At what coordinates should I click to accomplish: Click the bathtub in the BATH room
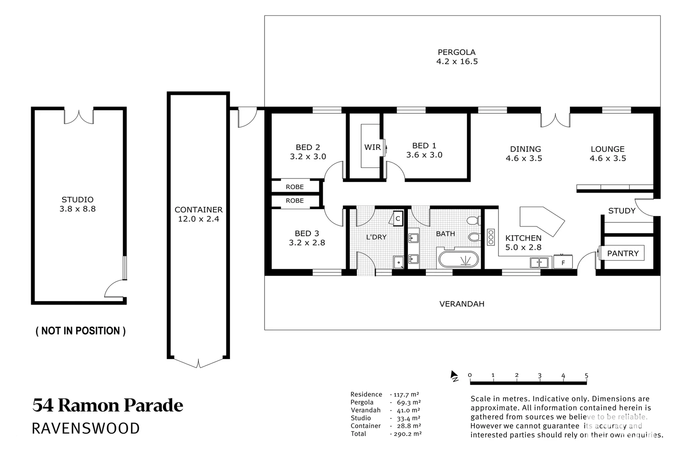(458, 259)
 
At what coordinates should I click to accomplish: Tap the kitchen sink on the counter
(539, 263)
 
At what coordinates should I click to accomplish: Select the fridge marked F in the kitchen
(563, 262)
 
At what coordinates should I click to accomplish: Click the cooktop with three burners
(491, 237)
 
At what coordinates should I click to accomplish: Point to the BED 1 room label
(424, 146)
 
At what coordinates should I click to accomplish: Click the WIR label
(372, 147)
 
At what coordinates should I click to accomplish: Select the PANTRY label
(623, 253)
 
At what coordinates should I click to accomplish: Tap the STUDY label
(621, 211)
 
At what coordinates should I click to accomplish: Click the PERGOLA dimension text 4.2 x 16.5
(457, 61)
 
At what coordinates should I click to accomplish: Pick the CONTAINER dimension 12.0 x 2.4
(198, 219)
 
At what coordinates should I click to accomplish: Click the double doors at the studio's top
(79, 117)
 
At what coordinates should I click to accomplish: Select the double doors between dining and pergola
(555, 120)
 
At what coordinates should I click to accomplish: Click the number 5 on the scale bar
(586, 376)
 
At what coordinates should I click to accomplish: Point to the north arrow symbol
(454, 376)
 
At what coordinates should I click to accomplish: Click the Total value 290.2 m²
(405, 434)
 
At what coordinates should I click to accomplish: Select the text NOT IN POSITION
(80, 331)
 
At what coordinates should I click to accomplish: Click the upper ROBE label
(295, 187)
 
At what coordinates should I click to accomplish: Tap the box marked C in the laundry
(398, 218)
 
